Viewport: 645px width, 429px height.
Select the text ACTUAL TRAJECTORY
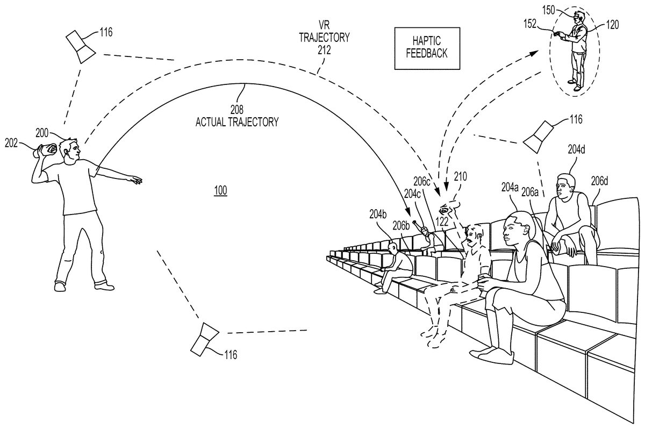point(237,122)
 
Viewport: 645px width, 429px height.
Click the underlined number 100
point(220,190)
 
